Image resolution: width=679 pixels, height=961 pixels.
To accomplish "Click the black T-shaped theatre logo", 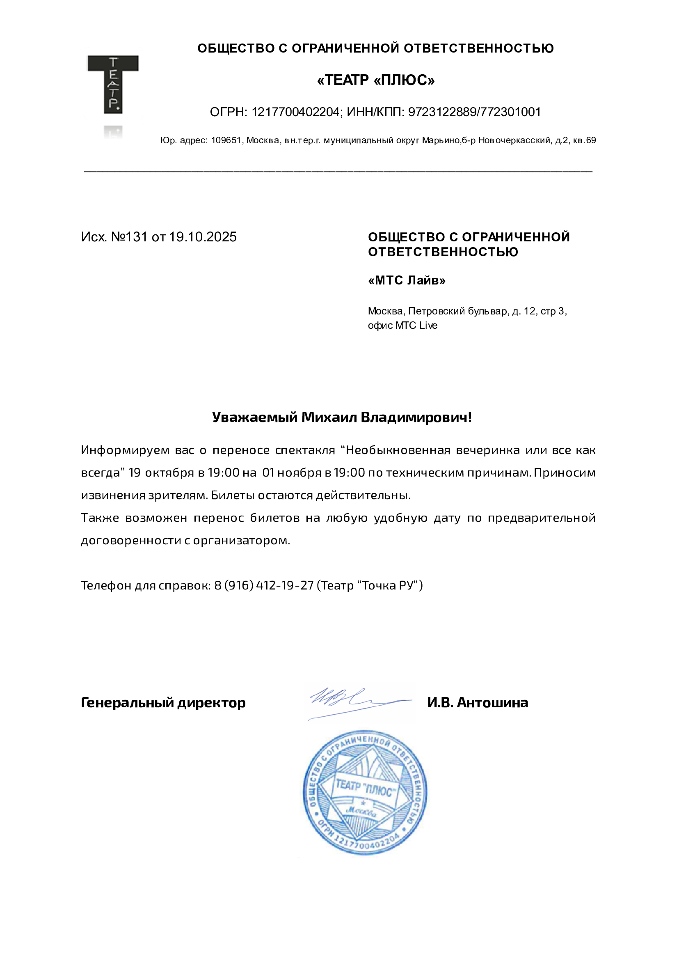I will [112, 84].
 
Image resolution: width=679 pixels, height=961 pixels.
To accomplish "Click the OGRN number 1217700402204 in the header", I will [295, 112].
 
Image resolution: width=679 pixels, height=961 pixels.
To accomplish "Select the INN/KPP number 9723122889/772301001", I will [474, 112].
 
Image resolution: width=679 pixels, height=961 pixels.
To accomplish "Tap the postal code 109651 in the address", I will [226, 141].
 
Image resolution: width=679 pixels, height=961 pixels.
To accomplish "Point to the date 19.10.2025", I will [203, 237].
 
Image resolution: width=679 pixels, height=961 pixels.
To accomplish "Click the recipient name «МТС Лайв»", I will [407, 280].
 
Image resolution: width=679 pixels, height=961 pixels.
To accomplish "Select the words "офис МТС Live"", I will [402, 326].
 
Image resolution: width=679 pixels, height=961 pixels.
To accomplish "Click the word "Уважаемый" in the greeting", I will [255, 417].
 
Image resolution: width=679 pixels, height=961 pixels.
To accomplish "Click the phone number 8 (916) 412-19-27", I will [264, 585].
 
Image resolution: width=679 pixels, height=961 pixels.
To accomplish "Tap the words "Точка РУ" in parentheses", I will [390, 585].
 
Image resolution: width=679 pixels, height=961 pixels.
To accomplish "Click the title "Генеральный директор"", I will [163, 703].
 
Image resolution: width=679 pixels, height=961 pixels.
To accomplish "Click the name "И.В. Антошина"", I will [478, 703].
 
